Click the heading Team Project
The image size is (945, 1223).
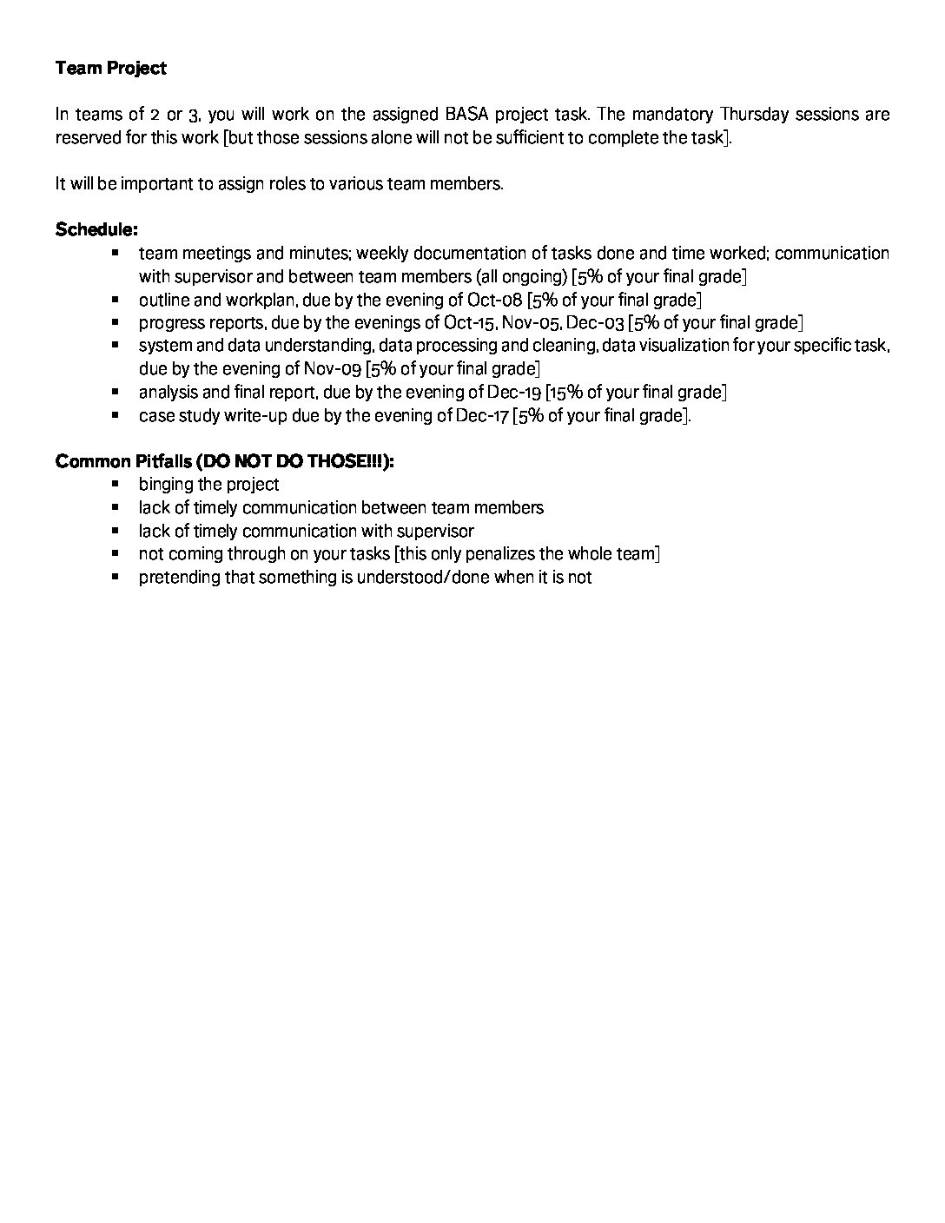click(x=110, y=68)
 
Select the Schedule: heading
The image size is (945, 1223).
click(x=96, y=230)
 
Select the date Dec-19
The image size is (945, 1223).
click(x=514, y=393)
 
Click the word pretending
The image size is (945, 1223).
click(x=179, y=578)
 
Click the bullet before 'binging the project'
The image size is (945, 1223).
click(x=116, y=483)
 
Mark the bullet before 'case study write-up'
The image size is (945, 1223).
click(x=116, y=414)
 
